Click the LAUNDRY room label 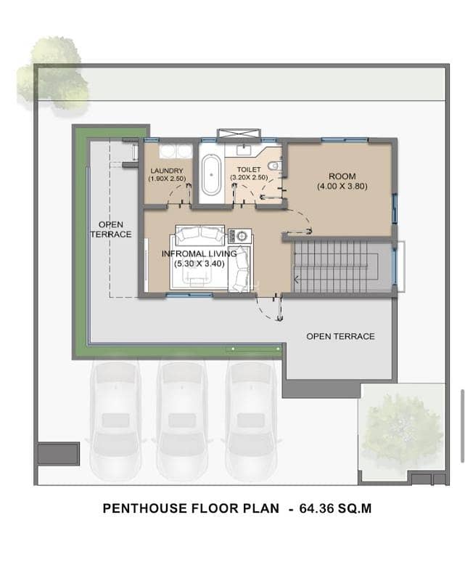pos(167,171)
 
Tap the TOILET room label pos(249,169)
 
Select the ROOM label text pos(342,176)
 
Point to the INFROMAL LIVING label pos(199,253)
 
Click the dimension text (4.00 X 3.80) pos(342,187)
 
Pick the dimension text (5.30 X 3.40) pos(199,264)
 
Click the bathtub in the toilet pos(211,175)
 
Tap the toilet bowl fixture pos(276,166)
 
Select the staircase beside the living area pos(342,267)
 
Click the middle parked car pos(182,421)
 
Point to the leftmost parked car pos(115,421)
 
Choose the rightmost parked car pos(250,421)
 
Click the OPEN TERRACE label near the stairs pos(340,336)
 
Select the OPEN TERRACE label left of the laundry pos(111,229)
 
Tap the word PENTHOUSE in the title pos(144,508)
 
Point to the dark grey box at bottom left pos(58,454)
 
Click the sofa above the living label pos(199,234)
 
